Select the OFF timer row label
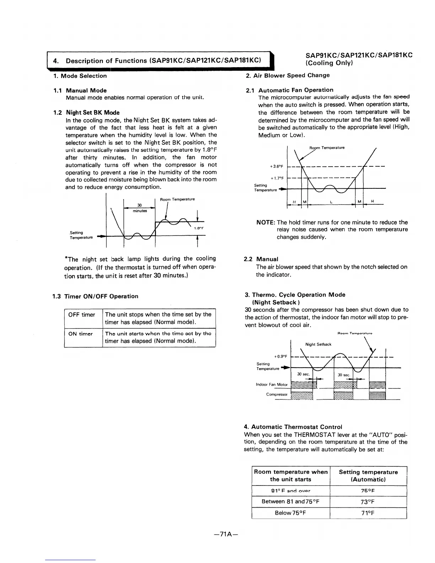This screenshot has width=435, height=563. click(82, 315)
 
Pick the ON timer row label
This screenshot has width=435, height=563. click(80, 334)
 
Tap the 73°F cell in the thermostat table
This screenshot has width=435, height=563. click(368, 502)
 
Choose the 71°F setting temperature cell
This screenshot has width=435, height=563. click(368, 513)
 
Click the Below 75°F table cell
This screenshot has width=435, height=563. click(291, 513)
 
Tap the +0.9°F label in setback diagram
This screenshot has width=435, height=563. click(280, 356)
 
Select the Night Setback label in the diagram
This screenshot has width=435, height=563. click(318, 344)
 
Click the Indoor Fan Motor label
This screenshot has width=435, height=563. click(272, 385)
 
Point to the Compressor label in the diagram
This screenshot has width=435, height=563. click(276, 395)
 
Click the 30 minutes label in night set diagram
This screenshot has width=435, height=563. click(140, 208)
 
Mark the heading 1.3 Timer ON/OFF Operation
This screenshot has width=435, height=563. click(95, 296)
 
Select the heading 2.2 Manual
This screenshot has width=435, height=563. click(261, 259)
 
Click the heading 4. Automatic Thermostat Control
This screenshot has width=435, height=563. click(293, 427)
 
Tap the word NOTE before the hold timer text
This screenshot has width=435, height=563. click(265, 222)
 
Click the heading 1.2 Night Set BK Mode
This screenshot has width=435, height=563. click(86, 113)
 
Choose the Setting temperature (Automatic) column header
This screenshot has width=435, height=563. click(368, 476)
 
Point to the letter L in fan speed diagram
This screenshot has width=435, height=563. click(331, 202)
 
